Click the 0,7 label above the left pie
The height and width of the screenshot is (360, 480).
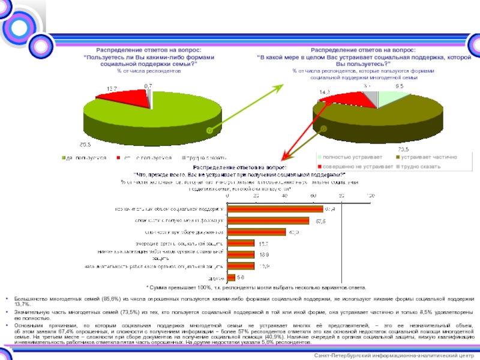148,87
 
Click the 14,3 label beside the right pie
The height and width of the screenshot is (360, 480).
325,92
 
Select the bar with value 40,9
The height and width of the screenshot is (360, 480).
256,232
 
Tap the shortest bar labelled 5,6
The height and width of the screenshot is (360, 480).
231,278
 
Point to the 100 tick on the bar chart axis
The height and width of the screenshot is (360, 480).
370,196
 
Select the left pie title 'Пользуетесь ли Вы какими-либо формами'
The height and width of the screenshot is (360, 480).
149,57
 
